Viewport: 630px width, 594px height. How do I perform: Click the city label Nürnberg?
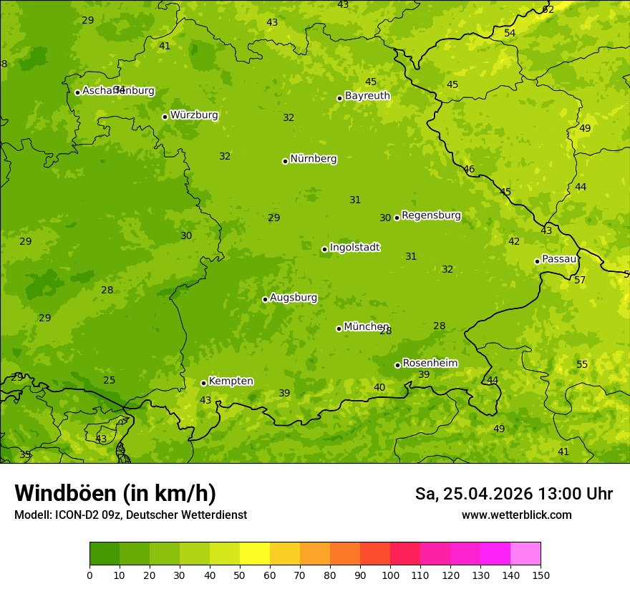coord(313,159)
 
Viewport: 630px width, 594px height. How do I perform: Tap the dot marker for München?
coord(339,328)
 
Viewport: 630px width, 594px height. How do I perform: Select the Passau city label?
coord(559,259)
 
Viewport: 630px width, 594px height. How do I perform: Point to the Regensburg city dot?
coord(397,218)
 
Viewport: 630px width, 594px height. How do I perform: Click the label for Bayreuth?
coord(367,96)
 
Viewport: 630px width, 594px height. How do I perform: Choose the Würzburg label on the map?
coord(194,115)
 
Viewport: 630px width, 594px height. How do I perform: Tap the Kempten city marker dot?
coord(203,383)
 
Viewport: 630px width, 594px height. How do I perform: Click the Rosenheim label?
coord(430,364)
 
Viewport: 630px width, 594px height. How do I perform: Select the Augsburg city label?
coord(294,298)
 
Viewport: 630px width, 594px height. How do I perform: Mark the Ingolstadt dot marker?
coord(324,249)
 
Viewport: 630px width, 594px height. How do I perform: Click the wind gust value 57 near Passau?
coord(580,280)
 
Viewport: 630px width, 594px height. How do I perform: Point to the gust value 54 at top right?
coord(510,33)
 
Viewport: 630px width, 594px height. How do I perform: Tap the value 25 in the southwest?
coord(109,380)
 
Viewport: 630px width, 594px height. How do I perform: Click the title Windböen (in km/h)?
coord(115,493)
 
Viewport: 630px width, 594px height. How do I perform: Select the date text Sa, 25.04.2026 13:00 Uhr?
coord(514,494)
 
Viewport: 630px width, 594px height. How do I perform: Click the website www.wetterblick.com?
coord(516,515)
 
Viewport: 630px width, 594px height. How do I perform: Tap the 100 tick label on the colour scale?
coord(390,575)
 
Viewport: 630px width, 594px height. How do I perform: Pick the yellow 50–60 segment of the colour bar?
coord(255,554)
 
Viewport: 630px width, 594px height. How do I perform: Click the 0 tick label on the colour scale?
coord(89,575)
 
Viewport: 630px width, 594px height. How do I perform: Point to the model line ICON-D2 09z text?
coord(130,515)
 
